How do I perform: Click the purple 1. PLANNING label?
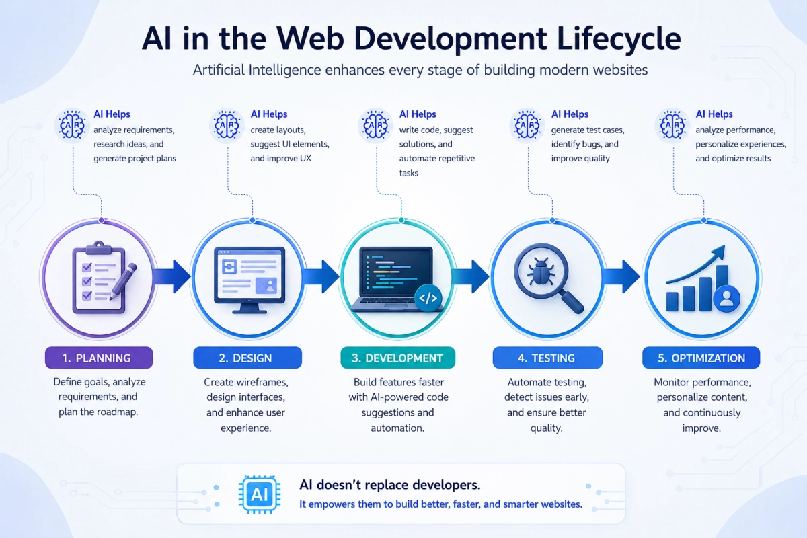tap(99, 358)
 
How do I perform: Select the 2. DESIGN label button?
tap(247, 358)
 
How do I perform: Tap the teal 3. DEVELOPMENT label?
tap(397, 358)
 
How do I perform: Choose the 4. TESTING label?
tap(547, 358)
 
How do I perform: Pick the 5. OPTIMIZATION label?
tap(701, 358)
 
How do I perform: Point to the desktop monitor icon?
tap(249, 280)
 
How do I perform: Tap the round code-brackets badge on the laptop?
tap(428, 298)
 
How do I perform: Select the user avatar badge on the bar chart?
tap(727, 299)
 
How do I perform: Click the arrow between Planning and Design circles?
tap(172, 276)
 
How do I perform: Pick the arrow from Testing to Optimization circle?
tap(621, 276)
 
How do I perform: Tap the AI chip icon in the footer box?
tap(260, 494)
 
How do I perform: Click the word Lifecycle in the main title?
tap(619, 39)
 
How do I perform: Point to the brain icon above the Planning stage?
tap(73, 125)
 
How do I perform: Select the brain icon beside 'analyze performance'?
tap(672, 125)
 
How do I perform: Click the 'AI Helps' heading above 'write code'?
tap(418, 114)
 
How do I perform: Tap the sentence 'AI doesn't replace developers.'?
tap(390, 485)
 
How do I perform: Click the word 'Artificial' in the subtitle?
tap(219, 70)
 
